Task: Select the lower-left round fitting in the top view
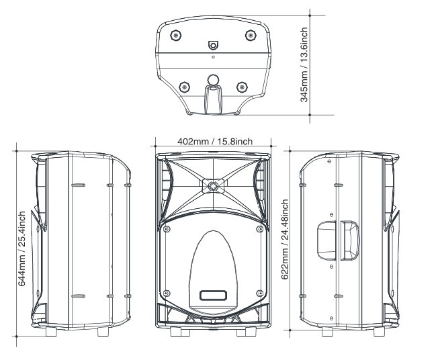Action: pos(184,86)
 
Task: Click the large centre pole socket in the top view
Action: pos(213,80)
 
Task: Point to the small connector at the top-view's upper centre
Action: pos(213,46)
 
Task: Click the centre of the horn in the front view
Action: pos(213,185)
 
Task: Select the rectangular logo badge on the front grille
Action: pos(213,294)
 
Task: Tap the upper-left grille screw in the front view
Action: pos(165,230)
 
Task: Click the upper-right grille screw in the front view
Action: pos(260,230)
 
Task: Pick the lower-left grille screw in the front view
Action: pos(167,292)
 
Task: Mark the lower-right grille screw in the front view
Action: pos(259,292)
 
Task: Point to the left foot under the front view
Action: pos(177,332)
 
